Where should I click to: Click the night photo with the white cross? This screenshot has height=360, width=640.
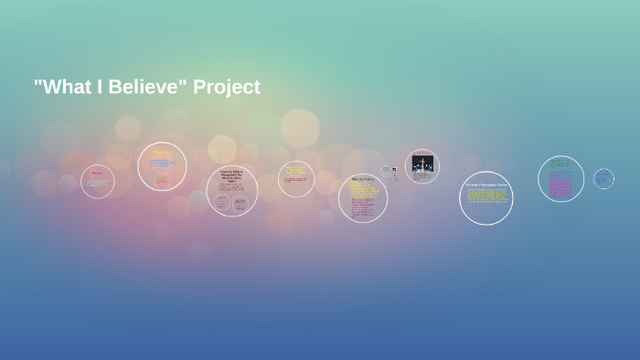point(422,164)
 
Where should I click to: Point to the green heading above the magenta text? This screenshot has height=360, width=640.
point(560,164)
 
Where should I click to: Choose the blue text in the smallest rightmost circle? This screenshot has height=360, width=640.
point(603,178)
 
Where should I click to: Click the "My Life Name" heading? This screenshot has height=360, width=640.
point(362,179)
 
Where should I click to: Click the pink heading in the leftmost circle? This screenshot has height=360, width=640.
point(97,173)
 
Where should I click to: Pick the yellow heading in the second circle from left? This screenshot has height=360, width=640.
point(162,152)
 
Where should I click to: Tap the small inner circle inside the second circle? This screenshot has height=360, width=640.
point(162,180)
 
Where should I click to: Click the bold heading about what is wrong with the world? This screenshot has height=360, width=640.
point(231,176)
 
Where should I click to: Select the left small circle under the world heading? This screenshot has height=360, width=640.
point(221,202)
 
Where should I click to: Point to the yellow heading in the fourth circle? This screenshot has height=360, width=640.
point(295,169)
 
